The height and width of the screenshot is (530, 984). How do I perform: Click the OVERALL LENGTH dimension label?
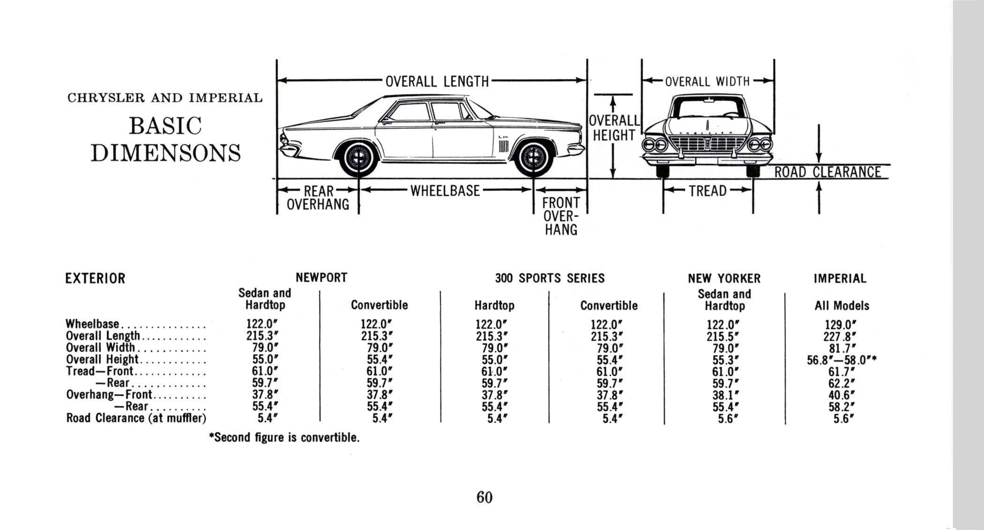point(437,82)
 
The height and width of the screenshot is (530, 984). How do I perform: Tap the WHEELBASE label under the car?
point(445,191)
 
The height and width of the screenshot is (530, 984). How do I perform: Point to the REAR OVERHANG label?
point(318,198)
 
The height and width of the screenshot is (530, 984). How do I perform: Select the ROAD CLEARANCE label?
point(827,172)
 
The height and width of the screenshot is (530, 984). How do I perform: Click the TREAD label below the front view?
point(708,191)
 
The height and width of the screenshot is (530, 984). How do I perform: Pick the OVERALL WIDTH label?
point(708,82)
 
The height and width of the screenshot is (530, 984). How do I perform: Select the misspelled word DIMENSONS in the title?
point(166,153)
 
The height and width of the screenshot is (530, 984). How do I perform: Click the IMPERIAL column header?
point(840,279)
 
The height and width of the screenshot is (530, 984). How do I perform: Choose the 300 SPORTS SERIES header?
point(550,279)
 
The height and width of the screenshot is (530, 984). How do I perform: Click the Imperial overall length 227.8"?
point(840,336)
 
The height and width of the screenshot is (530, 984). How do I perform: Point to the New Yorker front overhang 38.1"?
point(725,395)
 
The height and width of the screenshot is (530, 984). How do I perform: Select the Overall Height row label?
point(102,359)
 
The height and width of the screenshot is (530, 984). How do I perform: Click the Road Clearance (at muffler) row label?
point(136,418)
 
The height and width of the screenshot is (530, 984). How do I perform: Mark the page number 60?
point(485,497)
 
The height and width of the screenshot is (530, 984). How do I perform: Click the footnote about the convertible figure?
point(284,438)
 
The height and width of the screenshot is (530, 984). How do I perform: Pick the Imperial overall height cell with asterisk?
point(842,360)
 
